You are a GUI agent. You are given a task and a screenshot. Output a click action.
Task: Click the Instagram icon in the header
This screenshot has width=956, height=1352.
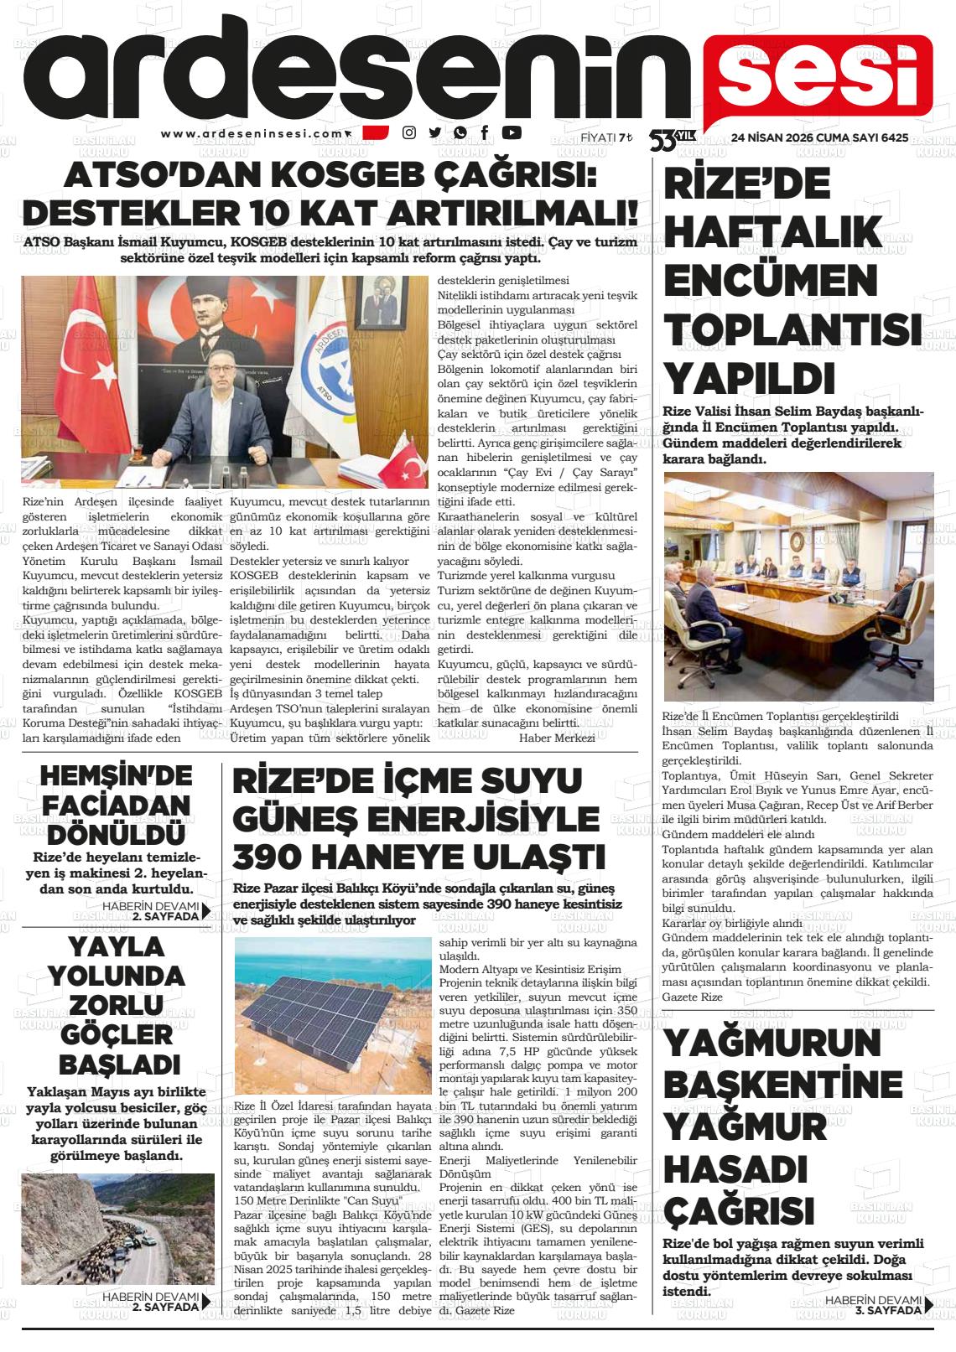409,132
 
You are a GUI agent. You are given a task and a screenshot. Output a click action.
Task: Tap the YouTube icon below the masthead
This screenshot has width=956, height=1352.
512,132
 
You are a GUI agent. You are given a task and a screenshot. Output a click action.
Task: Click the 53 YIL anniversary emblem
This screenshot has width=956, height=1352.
672,138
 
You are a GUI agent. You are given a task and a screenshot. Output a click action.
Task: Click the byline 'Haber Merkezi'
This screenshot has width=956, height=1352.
557,738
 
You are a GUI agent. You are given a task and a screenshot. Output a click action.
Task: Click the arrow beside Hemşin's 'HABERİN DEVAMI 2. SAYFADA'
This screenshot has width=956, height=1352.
206,912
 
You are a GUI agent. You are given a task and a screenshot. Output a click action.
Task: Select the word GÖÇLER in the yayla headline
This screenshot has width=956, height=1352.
116,1033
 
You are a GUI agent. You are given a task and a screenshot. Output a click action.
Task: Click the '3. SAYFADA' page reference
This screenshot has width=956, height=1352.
888,1310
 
